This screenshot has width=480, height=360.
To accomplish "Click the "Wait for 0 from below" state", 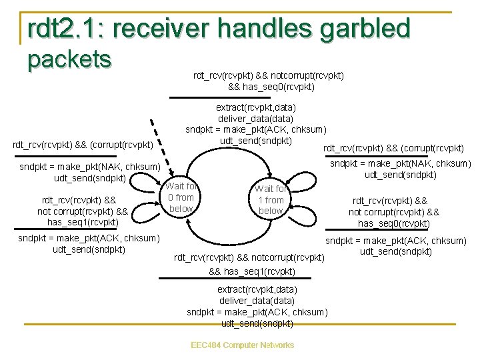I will coord(181,197).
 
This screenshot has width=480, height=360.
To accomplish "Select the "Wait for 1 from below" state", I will coord(271,200).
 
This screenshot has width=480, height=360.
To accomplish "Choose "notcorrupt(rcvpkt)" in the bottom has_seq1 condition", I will coord(289,257).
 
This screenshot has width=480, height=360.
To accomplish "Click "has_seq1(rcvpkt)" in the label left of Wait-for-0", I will coord(78,222).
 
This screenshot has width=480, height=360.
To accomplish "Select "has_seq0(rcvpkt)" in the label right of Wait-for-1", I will coord(393,223).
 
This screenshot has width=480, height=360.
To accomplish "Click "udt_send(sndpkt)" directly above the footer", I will coord(257,323).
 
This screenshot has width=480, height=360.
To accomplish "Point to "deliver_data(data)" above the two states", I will coord(256,118).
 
